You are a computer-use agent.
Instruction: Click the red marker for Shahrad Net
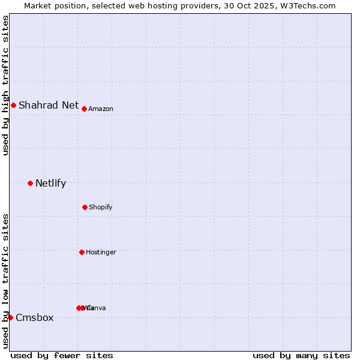click(13, 106)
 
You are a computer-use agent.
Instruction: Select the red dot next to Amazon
click(85, 109)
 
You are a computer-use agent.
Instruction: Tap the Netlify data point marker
click(30, 183)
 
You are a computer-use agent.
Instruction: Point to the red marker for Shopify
click(85, 207)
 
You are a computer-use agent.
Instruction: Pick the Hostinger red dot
click(82, 252)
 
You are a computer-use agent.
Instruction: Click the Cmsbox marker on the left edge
click(10, 317)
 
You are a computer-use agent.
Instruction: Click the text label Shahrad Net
click(49, 106)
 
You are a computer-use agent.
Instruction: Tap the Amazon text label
click(101, 109)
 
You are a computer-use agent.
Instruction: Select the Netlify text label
click(50, 184)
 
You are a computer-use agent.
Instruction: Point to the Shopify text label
click(101, 208)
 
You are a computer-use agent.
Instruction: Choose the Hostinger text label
click(101, 253)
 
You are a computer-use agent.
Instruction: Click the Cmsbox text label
click(35, 318)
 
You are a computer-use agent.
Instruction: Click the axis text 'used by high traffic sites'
click(6, 85)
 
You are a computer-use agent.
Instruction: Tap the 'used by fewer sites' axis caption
click(62, 356)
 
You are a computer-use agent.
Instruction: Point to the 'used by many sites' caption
click(301, 356)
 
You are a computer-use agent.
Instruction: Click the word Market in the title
click(39, 5)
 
